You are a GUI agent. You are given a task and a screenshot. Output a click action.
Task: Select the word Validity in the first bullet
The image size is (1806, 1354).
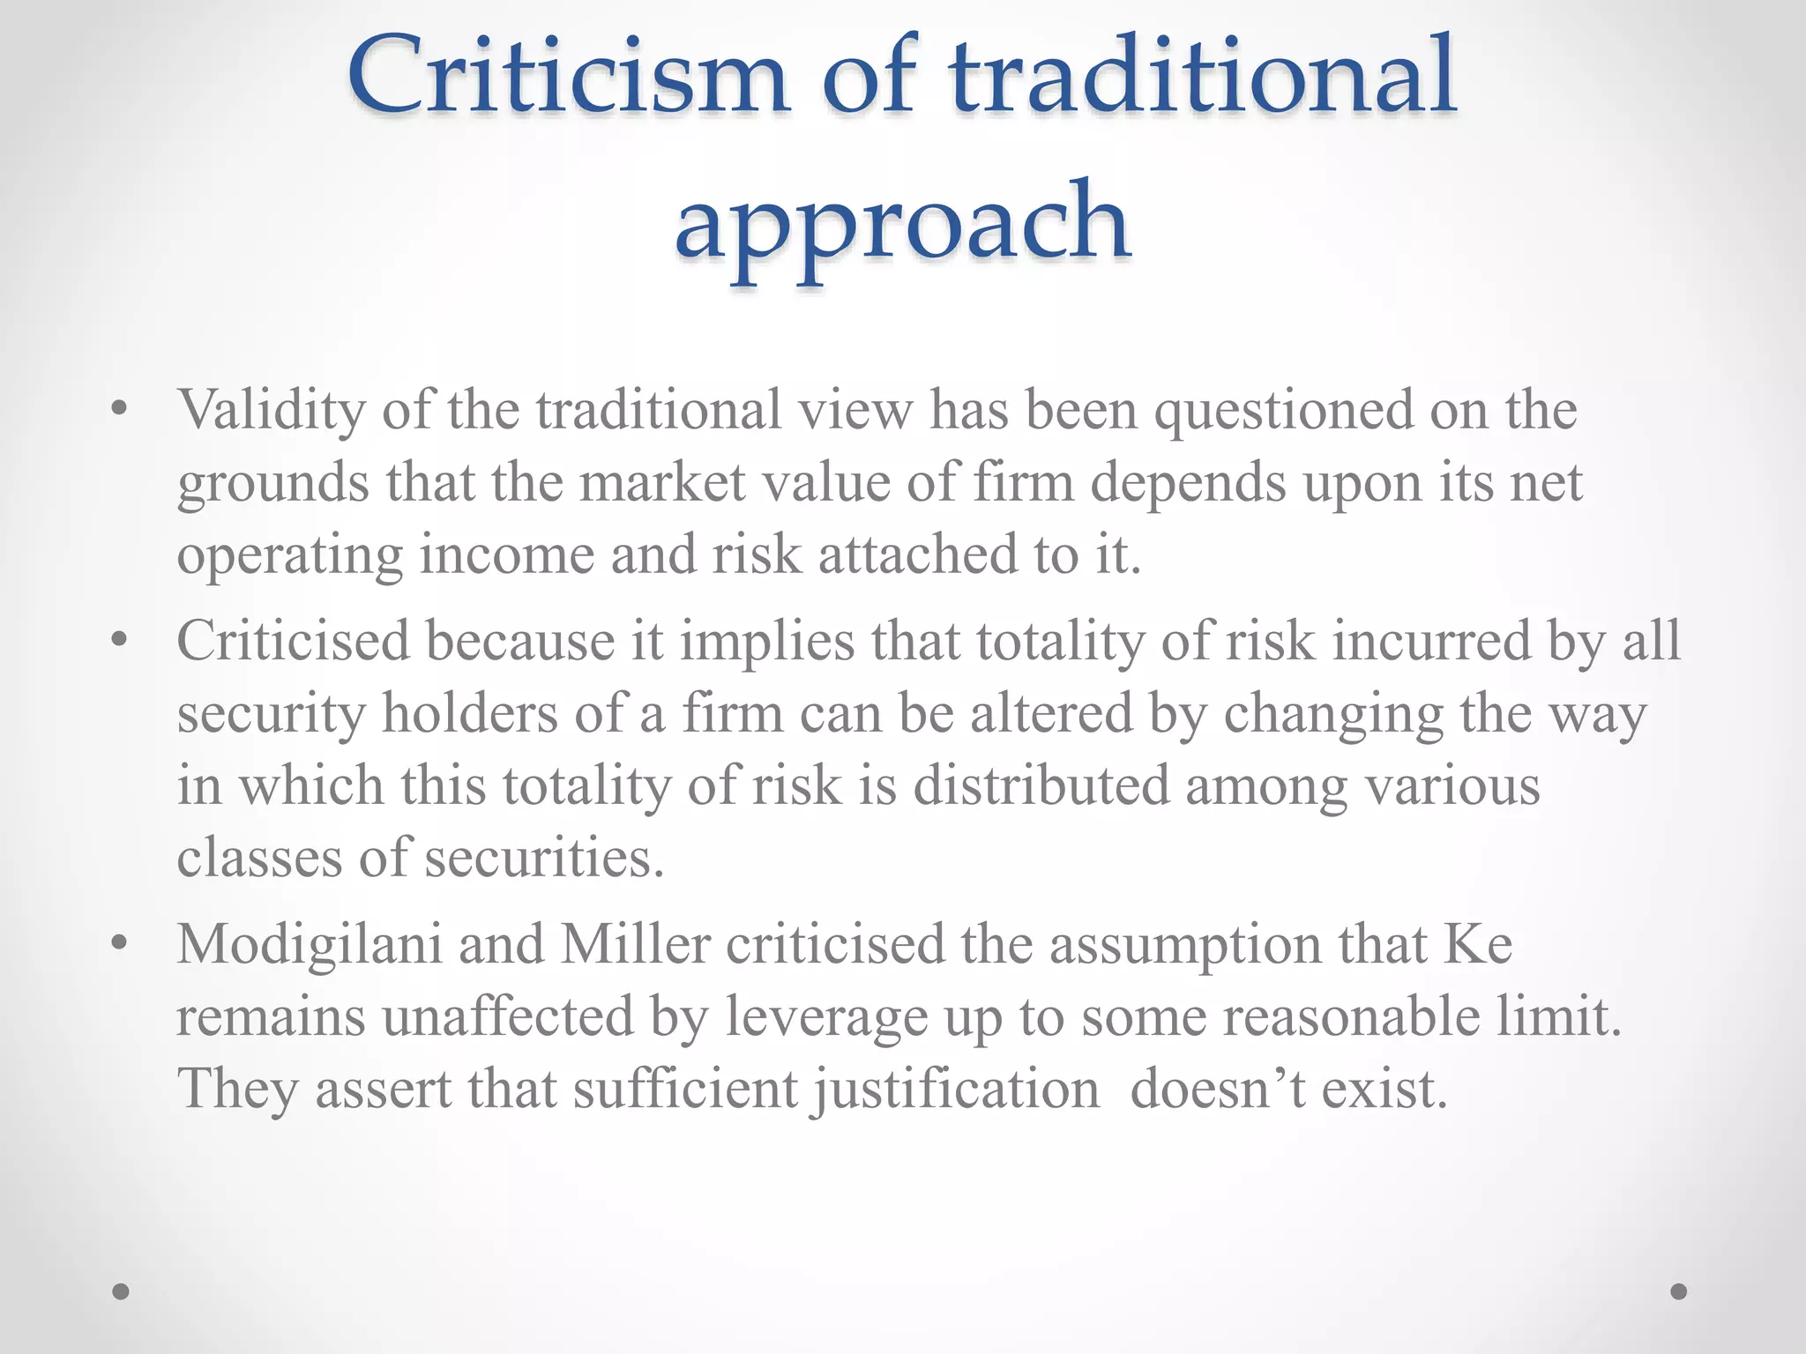click(x=271, y=411)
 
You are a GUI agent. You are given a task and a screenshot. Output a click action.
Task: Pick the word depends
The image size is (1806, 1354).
click(x=1188, y=483)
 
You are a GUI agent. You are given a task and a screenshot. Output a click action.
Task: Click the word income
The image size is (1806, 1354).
click(x=507, y=555)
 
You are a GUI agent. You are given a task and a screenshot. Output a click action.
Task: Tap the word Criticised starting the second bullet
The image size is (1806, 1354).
click(x=293, y=641)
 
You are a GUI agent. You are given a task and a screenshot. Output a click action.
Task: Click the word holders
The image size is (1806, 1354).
click(x=469, y=713)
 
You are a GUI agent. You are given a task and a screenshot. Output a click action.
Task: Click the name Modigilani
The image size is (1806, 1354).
click(x=310, y=945)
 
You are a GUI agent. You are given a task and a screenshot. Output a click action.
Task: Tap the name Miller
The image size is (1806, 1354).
click(x=635, y=945)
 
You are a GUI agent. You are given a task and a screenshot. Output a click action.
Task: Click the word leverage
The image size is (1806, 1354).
click(x=826, y=1017)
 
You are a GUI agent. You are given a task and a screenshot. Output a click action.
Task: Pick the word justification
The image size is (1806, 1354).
click(x=957, y=1090)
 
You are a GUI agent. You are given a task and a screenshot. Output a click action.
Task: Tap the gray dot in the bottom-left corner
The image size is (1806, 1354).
click(x=122, y=1291)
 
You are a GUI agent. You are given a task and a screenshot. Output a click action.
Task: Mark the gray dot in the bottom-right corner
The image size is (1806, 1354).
click(x=1679, y=1291)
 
